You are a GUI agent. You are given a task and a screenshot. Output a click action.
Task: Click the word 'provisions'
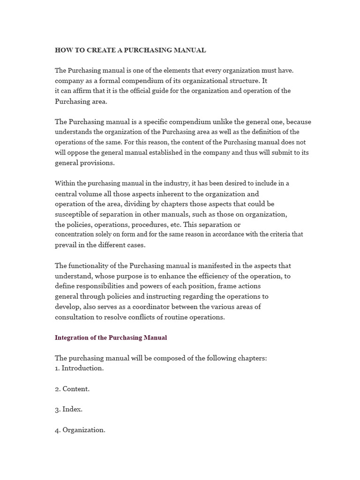pos(97,163)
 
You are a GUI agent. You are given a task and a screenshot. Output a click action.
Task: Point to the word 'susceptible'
pos(74,214)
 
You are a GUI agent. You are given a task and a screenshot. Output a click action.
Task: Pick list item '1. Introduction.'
pos(79,368)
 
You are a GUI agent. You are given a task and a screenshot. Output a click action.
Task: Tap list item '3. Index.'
pos(68,409)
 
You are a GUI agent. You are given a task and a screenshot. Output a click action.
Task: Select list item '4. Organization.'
pos(80,430)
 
